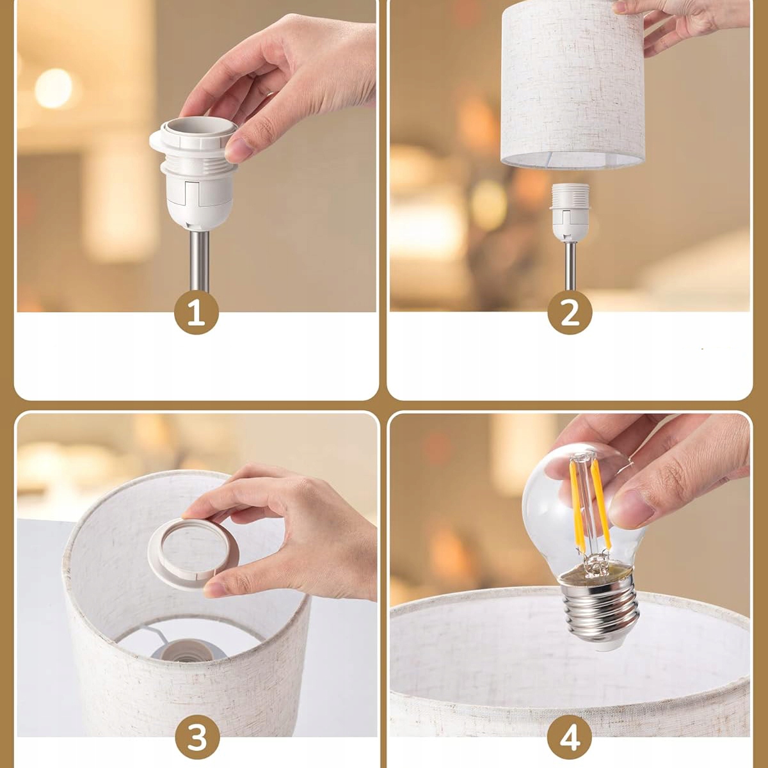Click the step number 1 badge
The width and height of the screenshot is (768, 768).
pyautogui.click(x=196, y=313)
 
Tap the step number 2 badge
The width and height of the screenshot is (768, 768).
pyautogui.click(x=569, y=313)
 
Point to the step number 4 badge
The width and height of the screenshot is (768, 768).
pyautogui.click(x=570, y=737)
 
